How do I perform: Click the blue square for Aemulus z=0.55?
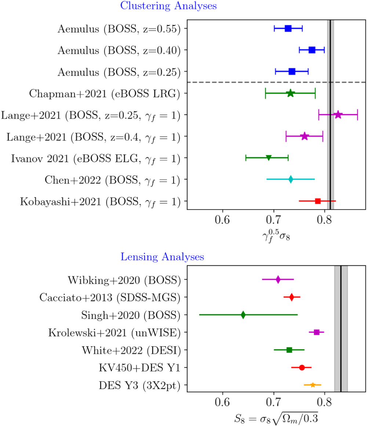pyautogui.click(x=288, y=29)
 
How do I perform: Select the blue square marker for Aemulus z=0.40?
pyautogui.click(x=312, y=50)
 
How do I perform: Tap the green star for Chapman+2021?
pyautogui.click(x=290, y=93)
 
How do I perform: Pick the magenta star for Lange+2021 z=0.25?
pyautogui.click(x=338, y=115)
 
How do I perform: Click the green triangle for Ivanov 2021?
pyautogui.click(x=269, y=158)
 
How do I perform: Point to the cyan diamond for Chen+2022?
pyautogui.click(x=291, y=179)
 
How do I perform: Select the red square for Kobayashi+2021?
pyautogui.click(x=318, y=201)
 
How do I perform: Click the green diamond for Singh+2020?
pyautogui.click(x=243, y=315)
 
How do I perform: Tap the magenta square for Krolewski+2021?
pyautogui.click(x=316, y=332)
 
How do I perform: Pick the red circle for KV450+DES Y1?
pyautogui.click(x=302, y=368)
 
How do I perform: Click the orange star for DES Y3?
pyautogui.click(x=313, y=385)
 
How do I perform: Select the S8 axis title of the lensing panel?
pyautogui.click(x=276, y=418)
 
